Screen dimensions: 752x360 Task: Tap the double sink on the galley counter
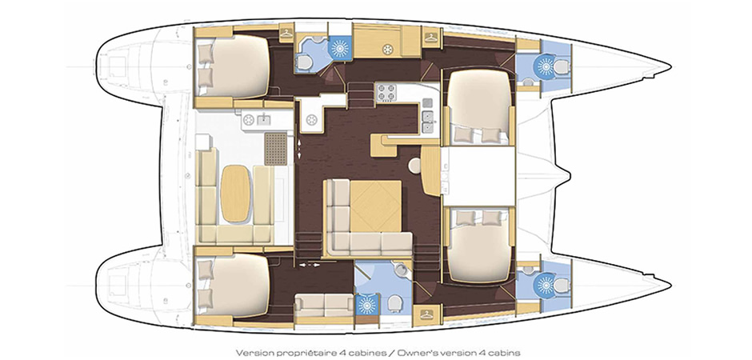coord(426,122)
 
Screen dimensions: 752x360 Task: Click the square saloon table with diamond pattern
coord(375,206)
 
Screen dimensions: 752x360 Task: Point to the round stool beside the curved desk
coord(414,166)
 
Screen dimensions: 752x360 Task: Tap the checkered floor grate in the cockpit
coord(275,149)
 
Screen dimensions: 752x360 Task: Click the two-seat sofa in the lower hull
coord(324,306)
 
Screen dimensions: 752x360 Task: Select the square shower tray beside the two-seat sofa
coord(367,304)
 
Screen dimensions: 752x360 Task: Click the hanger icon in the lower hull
coord(425,314)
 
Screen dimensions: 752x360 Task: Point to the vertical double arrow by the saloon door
coord(300,148)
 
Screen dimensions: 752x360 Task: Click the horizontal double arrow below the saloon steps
coord(309,264)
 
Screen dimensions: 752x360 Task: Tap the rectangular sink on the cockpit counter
coord(263,120)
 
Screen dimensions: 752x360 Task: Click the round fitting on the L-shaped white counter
coord(310,119)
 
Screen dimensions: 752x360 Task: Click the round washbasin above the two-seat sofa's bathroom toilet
coord(401,270)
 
